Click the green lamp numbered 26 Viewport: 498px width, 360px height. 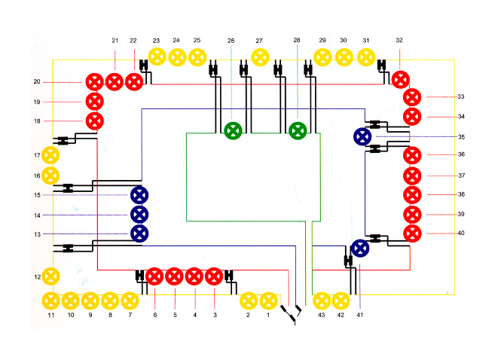pos(233,130)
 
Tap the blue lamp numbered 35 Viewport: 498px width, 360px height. pos(362,136)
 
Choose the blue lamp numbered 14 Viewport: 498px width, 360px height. pos(139,215)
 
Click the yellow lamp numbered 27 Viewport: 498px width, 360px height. pos(259,56)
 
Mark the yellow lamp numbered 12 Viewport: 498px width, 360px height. pos(50,276)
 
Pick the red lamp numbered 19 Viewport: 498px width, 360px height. pos(94,101)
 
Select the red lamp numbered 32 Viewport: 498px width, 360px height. pos(399,79)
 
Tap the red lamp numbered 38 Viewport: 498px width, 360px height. pos(412,195)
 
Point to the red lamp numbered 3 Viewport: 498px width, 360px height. pos(214,276)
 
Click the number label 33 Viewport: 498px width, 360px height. pos(460,97)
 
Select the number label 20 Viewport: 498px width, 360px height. pos(36,81)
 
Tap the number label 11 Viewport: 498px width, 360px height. pos(51,316)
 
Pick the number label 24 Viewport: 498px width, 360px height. pos(176,40)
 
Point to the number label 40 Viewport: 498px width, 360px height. pos(460,233)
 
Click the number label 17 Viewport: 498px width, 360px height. pos(36,156)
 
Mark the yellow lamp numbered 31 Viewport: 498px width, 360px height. pos(366,56)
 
